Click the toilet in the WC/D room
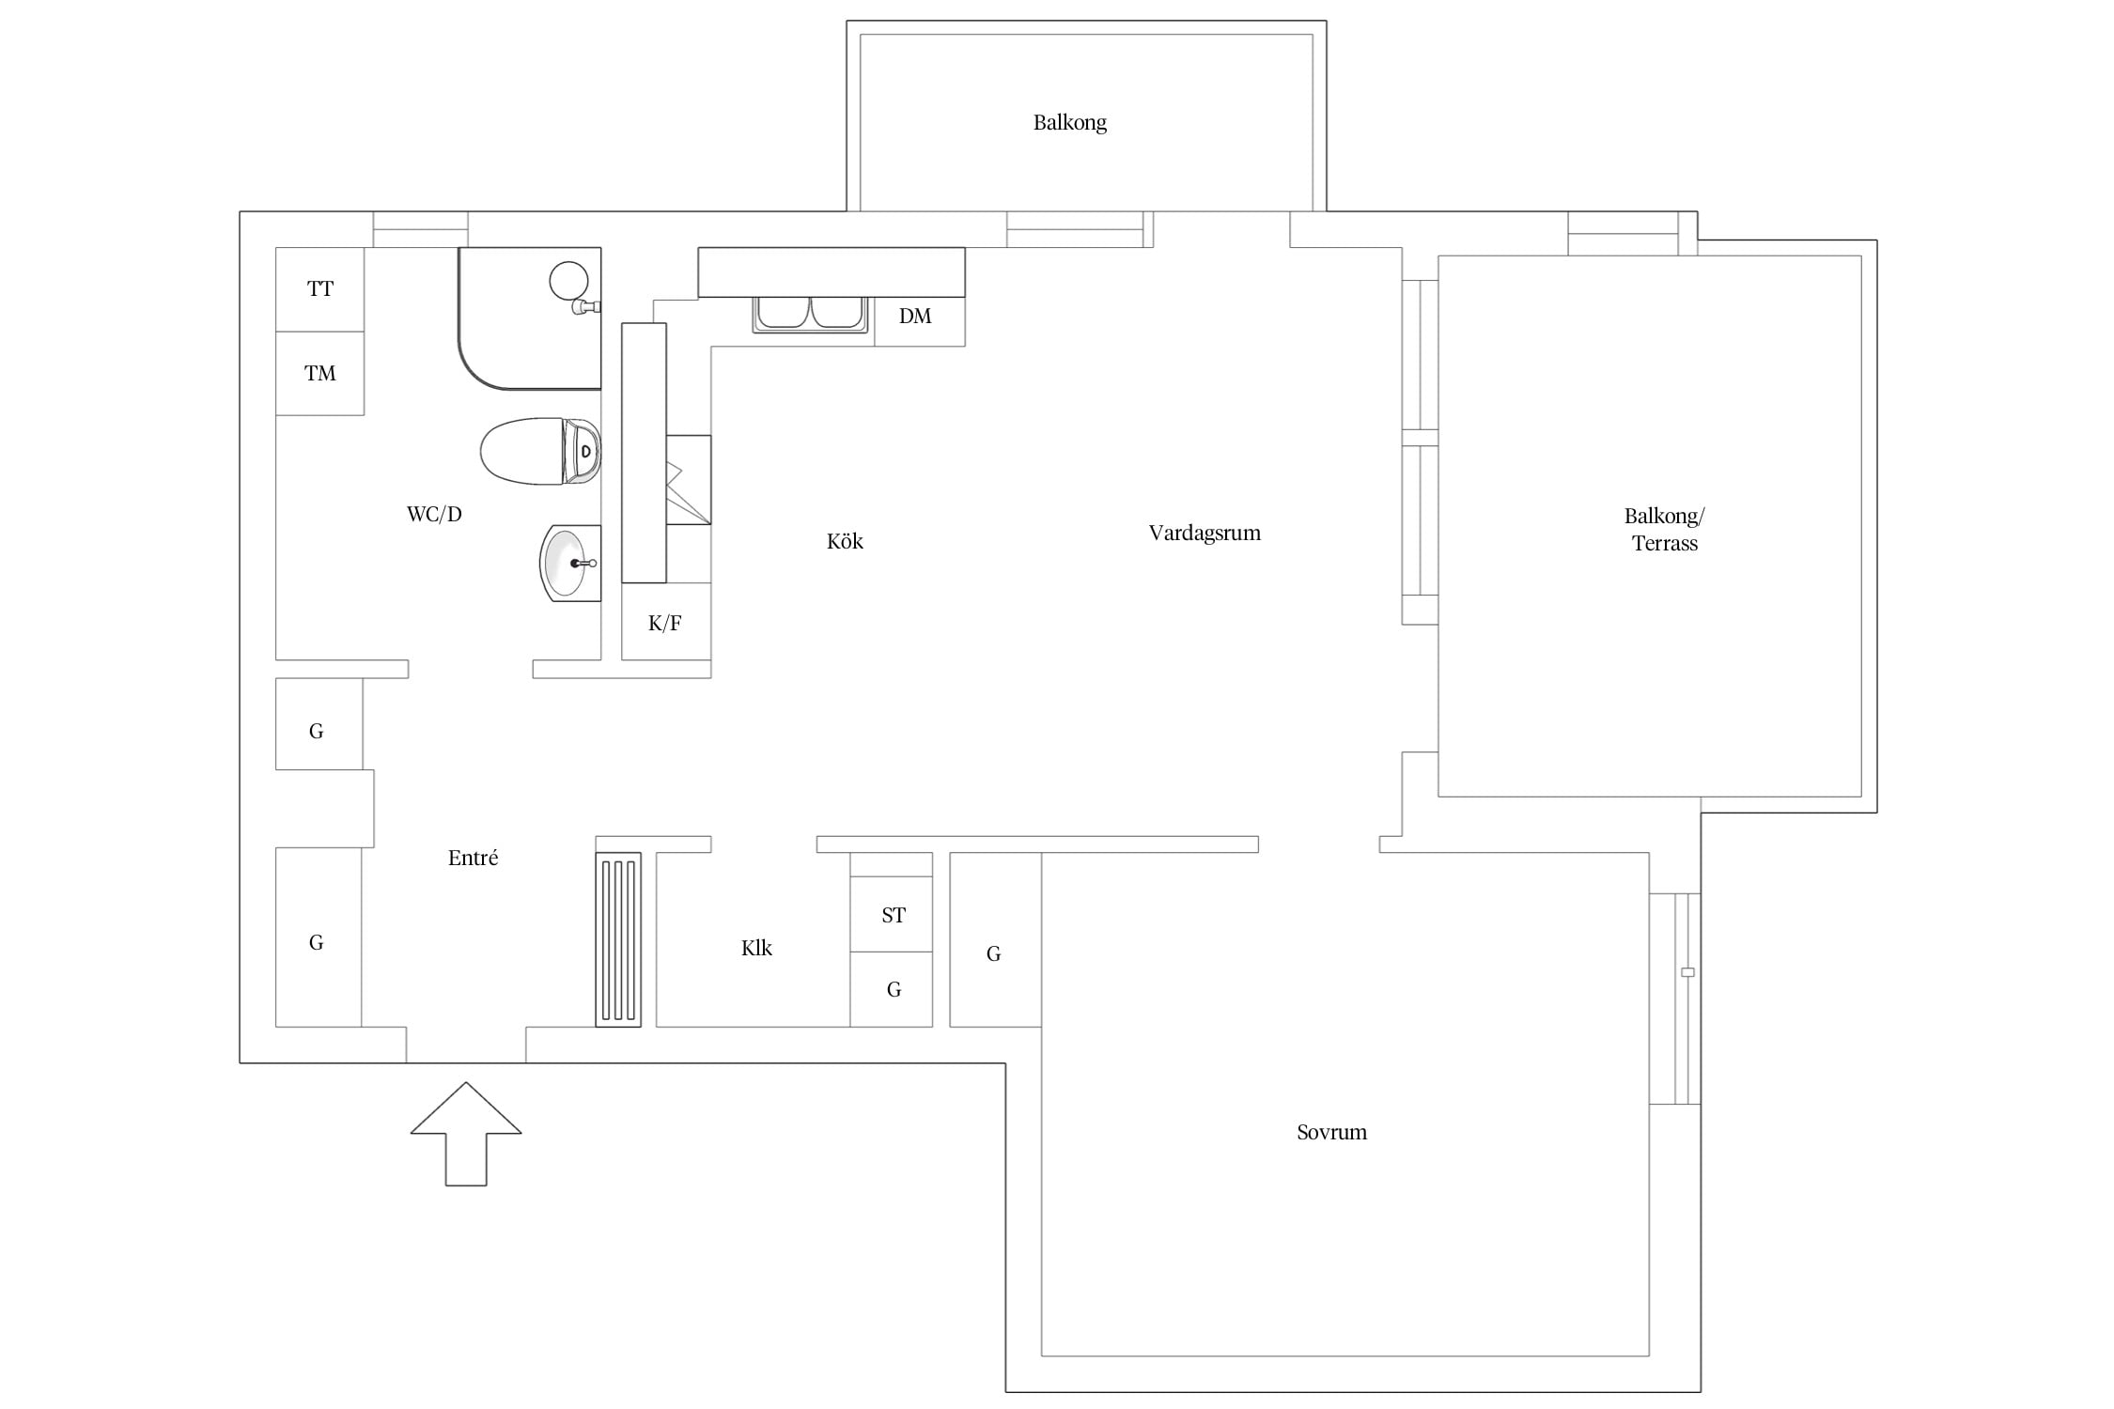[x=540, y=451]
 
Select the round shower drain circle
[x=568, y=280]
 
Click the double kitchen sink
[x=810, y=314]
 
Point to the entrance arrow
[x=466, y=1134]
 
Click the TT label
[x=320, y=289]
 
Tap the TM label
[x=320, y=374]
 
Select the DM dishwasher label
[x=915, y=317]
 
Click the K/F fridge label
[x=665, y=623]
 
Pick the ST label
[x=894, y=915]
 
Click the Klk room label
[x=756, y=949]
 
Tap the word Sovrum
[x=1331, y=1133]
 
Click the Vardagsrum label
[x=1205, y=534]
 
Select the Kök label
[x=845, y=541]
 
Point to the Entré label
[x=473, y=858]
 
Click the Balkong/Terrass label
[x=1665, y=530]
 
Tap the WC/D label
[x=434, y=515]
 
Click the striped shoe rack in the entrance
[x=618, y=939]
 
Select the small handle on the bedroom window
[x=1687, y=972]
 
